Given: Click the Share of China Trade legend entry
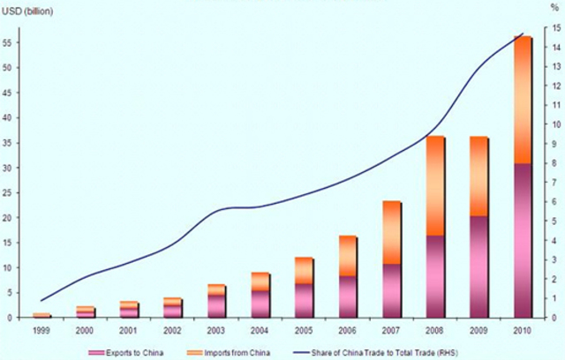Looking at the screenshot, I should [x=397, y=351].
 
